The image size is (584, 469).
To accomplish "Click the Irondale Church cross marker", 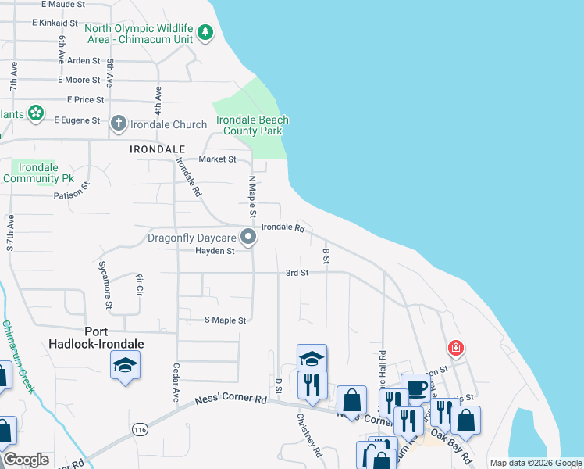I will click(x=118, y=124).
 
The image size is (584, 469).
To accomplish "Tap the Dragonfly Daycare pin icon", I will click(x=248, y=236).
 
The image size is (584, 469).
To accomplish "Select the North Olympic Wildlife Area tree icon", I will click(x=205, y=32).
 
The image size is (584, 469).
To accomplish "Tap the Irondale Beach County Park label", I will click(x=252, y=126).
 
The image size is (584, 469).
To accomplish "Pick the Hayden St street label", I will click(x=215, y=251).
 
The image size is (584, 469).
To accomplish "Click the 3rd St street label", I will click(x=297, y=273).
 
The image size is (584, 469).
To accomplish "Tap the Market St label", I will click(x=217, y=159).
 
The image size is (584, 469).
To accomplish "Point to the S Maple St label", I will click(x=225, y=320).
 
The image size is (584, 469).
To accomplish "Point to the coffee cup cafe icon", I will click(x=417, y=388).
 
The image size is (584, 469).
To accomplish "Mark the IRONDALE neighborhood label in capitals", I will click(x=158, y=149).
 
